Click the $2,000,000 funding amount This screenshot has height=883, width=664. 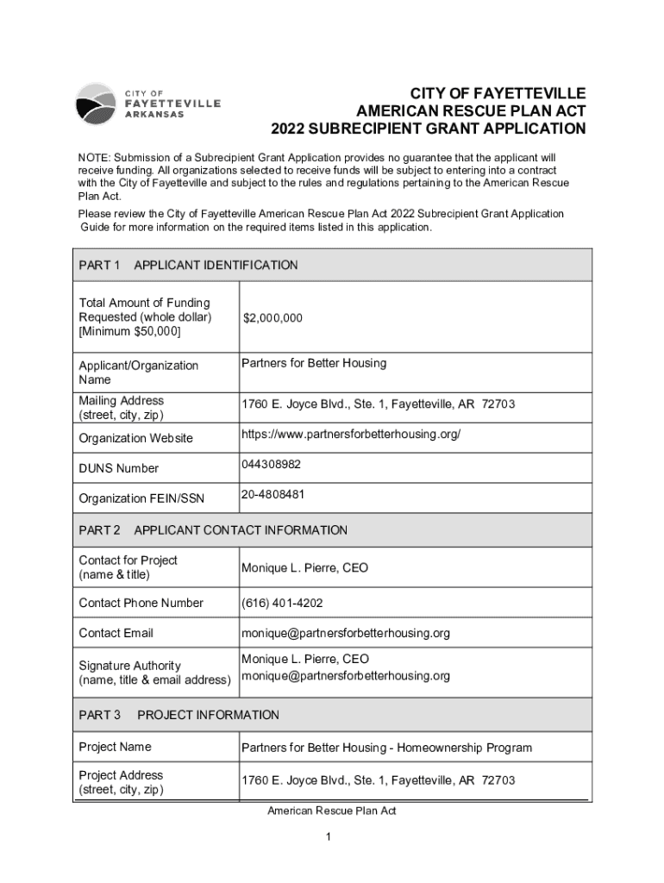272,318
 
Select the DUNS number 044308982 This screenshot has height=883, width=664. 271,464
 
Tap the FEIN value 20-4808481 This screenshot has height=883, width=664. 272,494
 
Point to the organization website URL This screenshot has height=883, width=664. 351,434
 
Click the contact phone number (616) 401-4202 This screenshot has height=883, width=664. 282,603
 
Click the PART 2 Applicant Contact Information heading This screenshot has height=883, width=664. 212,530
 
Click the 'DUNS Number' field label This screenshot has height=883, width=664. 119,468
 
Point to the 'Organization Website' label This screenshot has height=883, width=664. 136,438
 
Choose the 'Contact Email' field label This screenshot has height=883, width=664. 116,633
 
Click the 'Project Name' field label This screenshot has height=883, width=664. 115,747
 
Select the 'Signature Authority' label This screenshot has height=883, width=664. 130,666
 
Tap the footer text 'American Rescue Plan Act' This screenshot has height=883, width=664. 331,811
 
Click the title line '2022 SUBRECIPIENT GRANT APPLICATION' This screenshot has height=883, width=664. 428,129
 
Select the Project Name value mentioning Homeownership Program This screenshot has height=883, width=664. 386,748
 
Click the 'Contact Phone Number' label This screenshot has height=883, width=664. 141,603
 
